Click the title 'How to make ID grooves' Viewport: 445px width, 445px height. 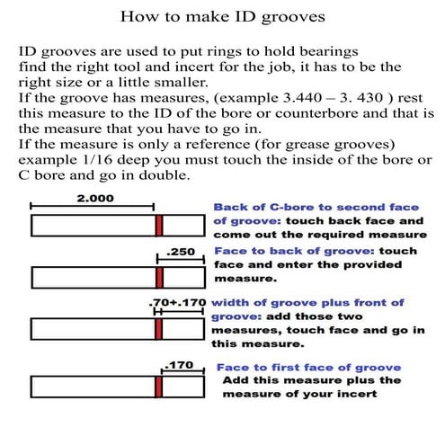click(x=222, y=16)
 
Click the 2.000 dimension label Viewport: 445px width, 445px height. click(x=94, y=200)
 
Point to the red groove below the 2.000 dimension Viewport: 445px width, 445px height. click(x=158, y=225)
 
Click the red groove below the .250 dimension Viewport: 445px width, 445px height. click(x=159, y=277)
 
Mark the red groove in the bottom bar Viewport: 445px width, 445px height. click(x=159, y=387)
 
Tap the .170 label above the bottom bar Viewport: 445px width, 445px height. click(x=177, y=364)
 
